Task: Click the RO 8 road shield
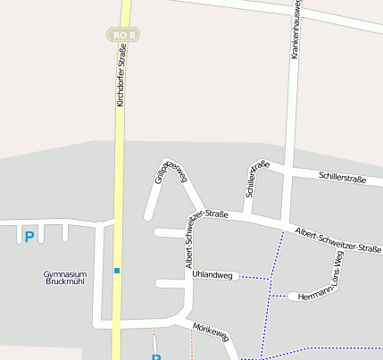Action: [x=123, y=35]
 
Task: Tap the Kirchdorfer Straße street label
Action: [x=121, y=75]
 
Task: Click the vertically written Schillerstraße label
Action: [x=256, y=179]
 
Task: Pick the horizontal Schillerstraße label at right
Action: [x=342, y=178]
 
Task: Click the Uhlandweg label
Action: [x=212, y=275]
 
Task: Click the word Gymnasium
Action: [x=65, y=273]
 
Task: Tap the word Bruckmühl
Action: [x=65, y=281]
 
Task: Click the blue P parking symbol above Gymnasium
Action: [x=29, y=237]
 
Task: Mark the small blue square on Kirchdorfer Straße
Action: [x=116, y=269]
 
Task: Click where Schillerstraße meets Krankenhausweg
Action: [x=288, y=174]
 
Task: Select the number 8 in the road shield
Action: [x=132, y=35]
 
